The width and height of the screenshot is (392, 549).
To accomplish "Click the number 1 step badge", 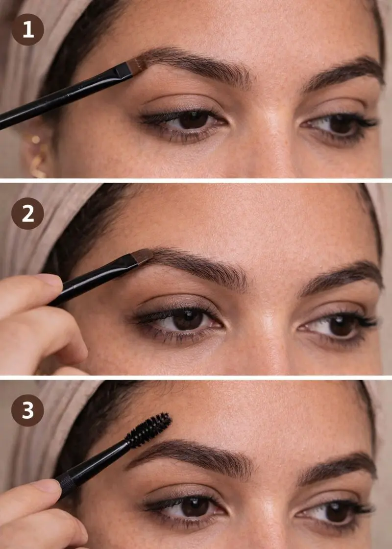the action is point(27,30).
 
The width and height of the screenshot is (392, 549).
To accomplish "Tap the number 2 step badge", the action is point(27,214).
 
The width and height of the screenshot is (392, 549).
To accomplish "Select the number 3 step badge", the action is point(27,410).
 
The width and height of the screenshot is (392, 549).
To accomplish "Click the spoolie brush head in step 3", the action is point(148,430).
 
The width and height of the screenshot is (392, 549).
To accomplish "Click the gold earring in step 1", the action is point(37,158).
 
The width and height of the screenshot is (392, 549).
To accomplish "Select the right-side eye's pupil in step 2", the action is point(339,325).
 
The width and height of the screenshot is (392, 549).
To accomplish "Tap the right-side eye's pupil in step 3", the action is point(336,511).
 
